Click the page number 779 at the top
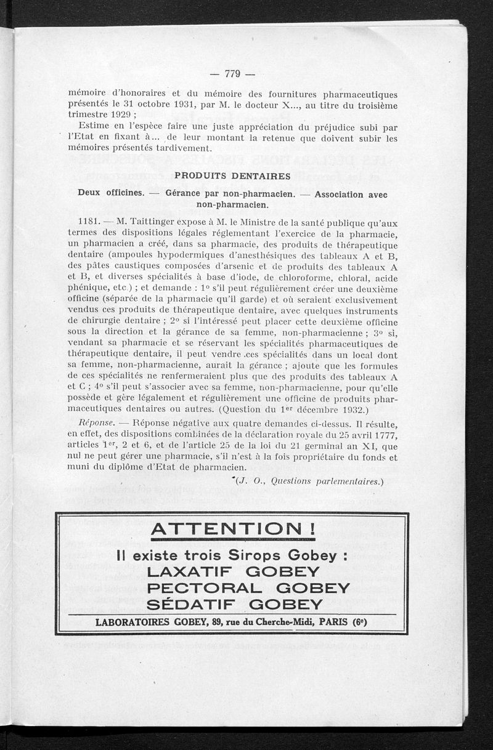(x=232, y=75)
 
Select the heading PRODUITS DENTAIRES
(x=232, y=176)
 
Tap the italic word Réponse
(x=96, y=424)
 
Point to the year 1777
(x=384, y=435)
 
